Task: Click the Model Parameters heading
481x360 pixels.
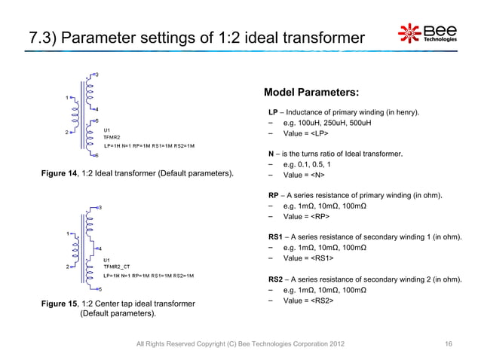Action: tap(311, 93)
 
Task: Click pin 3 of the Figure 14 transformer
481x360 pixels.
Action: tap(95, 74)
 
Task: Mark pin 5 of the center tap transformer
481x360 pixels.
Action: tap(99, 289)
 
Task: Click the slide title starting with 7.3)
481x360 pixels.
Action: tap(196, 36)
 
